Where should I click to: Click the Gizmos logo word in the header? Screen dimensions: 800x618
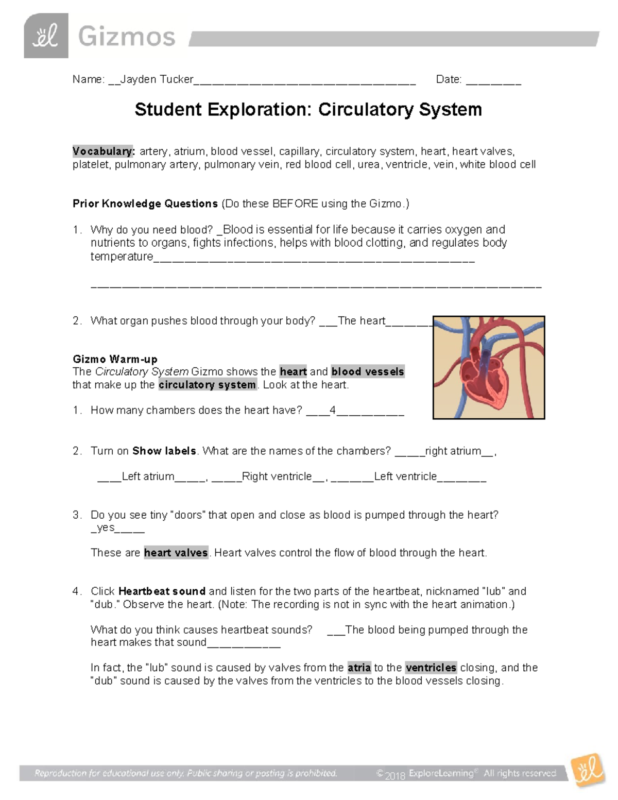(127, 37)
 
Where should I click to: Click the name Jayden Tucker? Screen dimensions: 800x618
(157, 79)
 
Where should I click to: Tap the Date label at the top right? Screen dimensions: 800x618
(448, 79)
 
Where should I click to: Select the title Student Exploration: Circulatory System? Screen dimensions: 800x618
(308, 110)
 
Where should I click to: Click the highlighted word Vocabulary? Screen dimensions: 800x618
(103, 151)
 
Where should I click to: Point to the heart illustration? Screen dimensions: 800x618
(488, 367)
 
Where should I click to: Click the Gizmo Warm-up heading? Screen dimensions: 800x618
(115, 359)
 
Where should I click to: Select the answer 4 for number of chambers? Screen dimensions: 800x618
(333, 411)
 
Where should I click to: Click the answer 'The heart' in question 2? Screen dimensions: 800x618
(361, 321)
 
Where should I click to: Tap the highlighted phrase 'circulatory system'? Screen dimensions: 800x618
(207, 385)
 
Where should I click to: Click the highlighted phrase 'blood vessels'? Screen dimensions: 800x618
(367, 372)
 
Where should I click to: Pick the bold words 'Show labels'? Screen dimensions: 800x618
(164, 451)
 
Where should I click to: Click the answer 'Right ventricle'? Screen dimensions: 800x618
(277, 476)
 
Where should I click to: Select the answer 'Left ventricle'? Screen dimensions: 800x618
(405, 476)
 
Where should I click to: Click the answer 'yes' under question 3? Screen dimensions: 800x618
(106, 527)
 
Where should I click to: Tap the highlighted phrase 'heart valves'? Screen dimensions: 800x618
(176, 553)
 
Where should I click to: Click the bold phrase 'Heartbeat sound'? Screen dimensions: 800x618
(162, 591)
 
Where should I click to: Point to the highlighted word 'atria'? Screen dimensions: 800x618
(359, 668)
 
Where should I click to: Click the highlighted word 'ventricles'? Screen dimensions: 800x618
(431, 668)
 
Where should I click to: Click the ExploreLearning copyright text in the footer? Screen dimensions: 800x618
(466, 773)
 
